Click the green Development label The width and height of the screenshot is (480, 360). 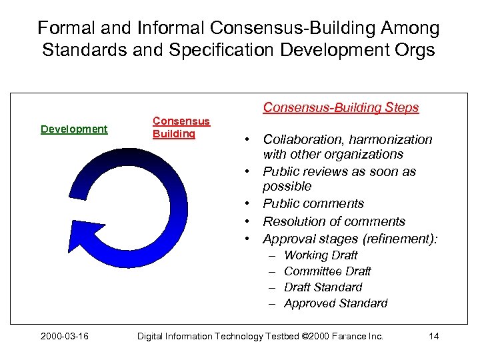(x=74, y=129)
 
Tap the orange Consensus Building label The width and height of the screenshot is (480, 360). (x=181, y=127)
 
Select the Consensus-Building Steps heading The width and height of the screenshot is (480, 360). (x=341, y=107)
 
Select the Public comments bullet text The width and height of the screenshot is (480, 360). (x=313, y=203)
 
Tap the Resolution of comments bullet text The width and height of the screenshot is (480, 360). (x=334, y=221)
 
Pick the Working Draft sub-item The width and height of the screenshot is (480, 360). (x=321, y=255)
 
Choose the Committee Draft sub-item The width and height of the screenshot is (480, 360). (x=327, y=271)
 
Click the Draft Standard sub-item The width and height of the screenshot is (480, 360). (x=323, y=287)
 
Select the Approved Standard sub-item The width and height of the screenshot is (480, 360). (x=335, y=303)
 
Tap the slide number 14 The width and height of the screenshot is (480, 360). (x=433, y=336)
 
